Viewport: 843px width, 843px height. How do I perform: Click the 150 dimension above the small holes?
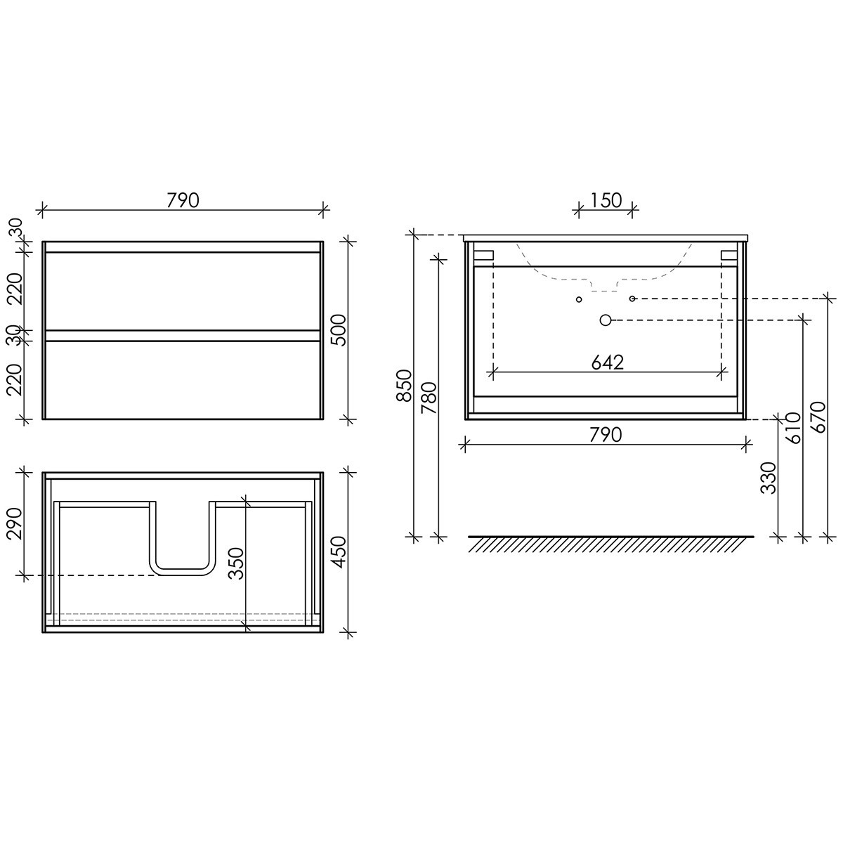[606, 200]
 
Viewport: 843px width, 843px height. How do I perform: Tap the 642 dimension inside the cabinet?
[607, 362]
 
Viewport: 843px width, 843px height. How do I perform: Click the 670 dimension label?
[818, 417]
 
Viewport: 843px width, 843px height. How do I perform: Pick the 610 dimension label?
[794, 427]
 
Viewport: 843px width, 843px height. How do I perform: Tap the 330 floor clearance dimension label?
[769, 478]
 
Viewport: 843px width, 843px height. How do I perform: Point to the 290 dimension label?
[15, 523]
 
